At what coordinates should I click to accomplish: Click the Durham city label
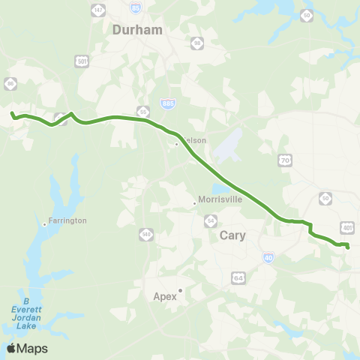137,30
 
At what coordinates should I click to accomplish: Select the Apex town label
164,296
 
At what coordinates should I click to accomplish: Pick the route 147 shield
98,8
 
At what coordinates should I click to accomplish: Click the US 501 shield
82,61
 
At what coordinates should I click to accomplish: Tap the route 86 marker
10,83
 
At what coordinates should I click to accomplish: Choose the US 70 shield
284,160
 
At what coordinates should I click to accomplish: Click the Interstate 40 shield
268,257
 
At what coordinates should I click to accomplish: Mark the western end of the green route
11,114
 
